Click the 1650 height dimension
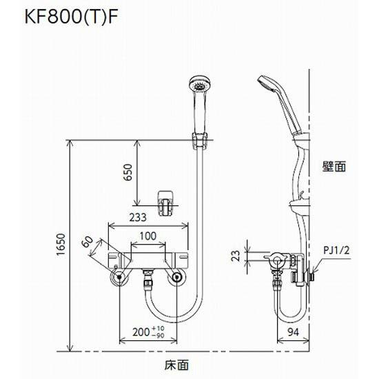coord(60,245)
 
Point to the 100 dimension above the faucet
coord(147,236)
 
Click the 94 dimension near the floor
coord(293,331)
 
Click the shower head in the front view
coord(198,88)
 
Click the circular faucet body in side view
coord(277,259)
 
